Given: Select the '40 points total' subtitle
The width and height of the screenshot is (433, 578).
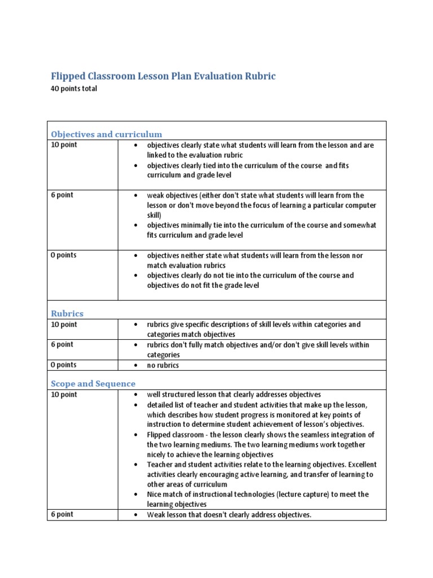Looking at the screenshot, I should [x=74, y=89].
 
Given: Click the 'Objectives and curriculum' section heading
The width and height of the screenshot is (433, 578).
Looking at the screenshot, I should [x=107, y=134].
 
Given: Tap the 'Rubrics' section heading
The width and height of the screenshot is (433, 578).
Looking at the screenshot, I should [x=67, y=313].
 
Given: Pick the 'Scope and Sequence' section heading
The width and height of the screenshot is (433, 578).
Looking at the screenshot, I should [x=93, y=384].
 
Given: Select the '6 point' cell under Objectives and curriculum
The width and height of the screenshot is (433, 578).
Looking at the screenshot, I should [x=62, y=195].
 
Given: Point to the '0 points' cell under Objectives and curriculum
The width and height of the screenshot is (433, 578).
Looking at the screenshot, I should [x=64, y=255].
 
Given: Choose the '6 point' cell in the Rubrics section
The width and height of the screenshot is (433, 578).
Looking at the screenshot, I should [x=62, y=344].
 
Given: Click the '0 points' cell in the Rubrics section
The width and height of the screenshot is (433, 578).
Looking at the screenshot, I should [x=64, y=365].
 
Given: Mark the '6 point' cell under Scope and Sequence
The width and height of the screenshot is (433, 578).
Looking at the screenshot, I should [x=62, y=514].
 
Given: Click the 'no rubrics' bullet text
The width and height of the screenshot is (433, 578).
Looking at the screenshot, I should [x=163, y=365].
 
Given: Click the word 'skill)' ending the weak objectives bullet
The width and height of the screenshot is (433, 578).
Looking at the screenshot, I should [x=154, y=215].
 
